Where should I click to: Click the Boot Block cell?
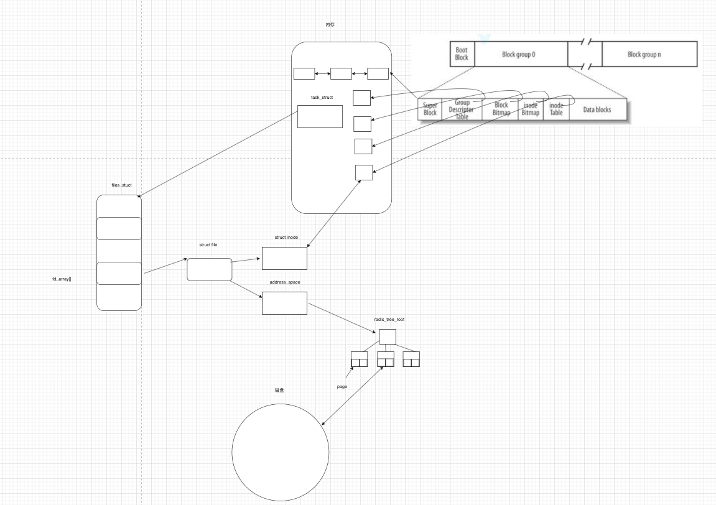(462, 54)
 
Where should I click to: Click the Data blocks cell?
(597, 109)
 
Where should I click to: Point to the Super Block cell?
(430, 109)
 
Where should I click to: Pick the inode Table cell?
(556, 109)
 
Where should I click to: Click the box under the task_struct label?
(320, 116)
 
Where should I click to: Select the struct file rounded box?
(209, 269)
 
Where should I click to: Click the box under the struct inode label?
(284, 258)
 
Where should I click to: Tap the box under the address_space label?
(284, 303)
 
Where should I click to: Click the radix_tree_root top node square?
(388, 336)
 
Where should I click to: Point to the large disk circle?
(281, 452)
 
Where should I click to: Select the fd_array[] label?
(62, 279)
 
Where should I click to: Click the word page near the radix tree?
(342, 387)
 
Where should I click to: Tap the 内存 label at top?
(330, 24)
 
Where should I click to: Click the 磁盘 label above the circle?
(280, 391)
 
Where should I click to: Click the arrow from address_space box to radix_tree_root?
(345, 316)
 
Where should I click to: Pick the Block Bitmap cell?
(501, 109)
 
